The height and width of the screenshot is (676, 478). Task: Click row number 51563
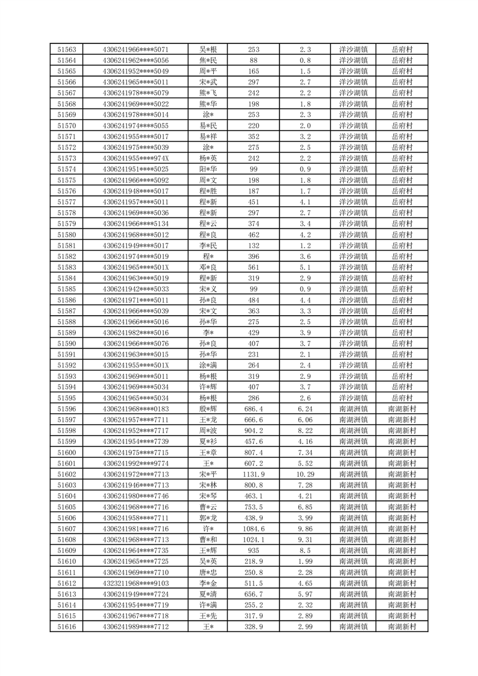click(x=66, y=49)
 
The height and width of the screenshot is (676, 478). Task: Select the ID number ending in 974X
click(x=136, y=158)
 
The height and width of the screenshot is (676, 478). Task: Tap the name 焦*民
click(x=208, y=60)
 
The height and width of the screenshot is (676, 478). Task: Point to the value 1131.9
click(x=253, y=474)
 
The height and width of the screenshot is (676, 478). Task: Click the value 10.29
click(x=305, y=474)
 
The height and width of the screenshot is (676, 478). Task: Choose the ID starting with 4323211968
click(x=136, y=583)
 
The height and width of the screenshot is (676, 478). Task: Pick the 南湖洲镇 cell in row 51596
click(x=353, y=408)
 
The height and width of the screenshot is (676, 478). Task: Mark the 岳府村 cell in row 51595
click(x=402, y=398)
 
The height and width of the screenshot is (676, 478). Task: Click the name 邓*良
click(x=208, y=268)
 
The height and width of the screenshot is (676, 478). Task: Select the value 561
click(x=253, y=268)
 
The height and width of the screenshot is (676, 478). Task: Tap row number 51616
click(x=66, y=627)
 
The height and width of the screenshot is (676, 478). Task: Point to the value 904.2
click(x=253, y=431)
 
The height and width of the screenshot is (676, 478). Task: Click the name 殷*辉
click(x=208, y=408)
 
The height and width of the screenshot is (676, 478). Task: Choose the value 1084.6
click(x=253, y=529)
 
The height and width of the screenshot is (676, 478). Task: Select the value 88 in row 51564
click(x=253, y=60)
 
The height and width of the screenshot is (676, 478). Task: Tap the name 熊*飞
click(x=208, y=93)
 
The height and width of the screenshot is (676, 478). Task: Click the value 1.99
click(x=305, y=562)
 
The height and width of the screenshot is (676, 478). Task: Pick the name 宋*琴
click(x=208, y=496)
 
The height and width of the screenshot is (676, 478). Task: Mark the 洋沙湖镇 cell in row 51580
click(x=353, y=235)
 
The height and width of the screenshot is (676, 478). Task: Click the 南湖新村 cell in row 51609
click(x=402, y=551)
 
